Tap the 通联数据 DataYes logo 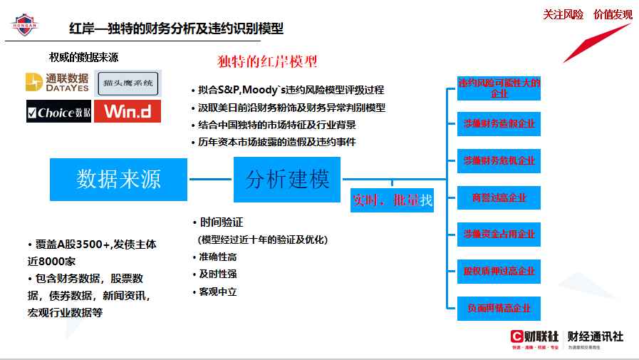(x=57, y=83)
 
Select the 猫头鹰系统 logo (x=128, y=83)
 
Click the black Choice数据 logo (x=58, y=112)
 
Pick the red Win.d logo (x=128, y=112)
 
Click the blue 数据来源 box (x=119, y=180)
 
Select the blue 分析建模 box (x=288, y=180)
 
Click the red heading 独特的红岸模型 (x=267, y=61)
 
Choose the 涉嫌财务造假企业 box (x=499, y=124)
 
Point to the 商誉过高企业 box (x=499, y=197)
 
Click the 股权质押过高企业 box (x=499, y=271)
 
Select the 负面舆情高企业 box (x=499, y=308)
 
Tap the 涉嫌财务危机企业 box (x=499, y=160)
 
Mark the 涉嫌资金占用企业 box (x=499, y=234)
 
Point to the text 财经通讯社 (x=595, y=336)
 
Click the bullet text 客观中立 (x=218, y=292)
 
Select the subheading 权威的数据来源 (x=84, y=57)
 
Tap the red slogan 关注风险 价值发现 (x=588, y=14)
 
